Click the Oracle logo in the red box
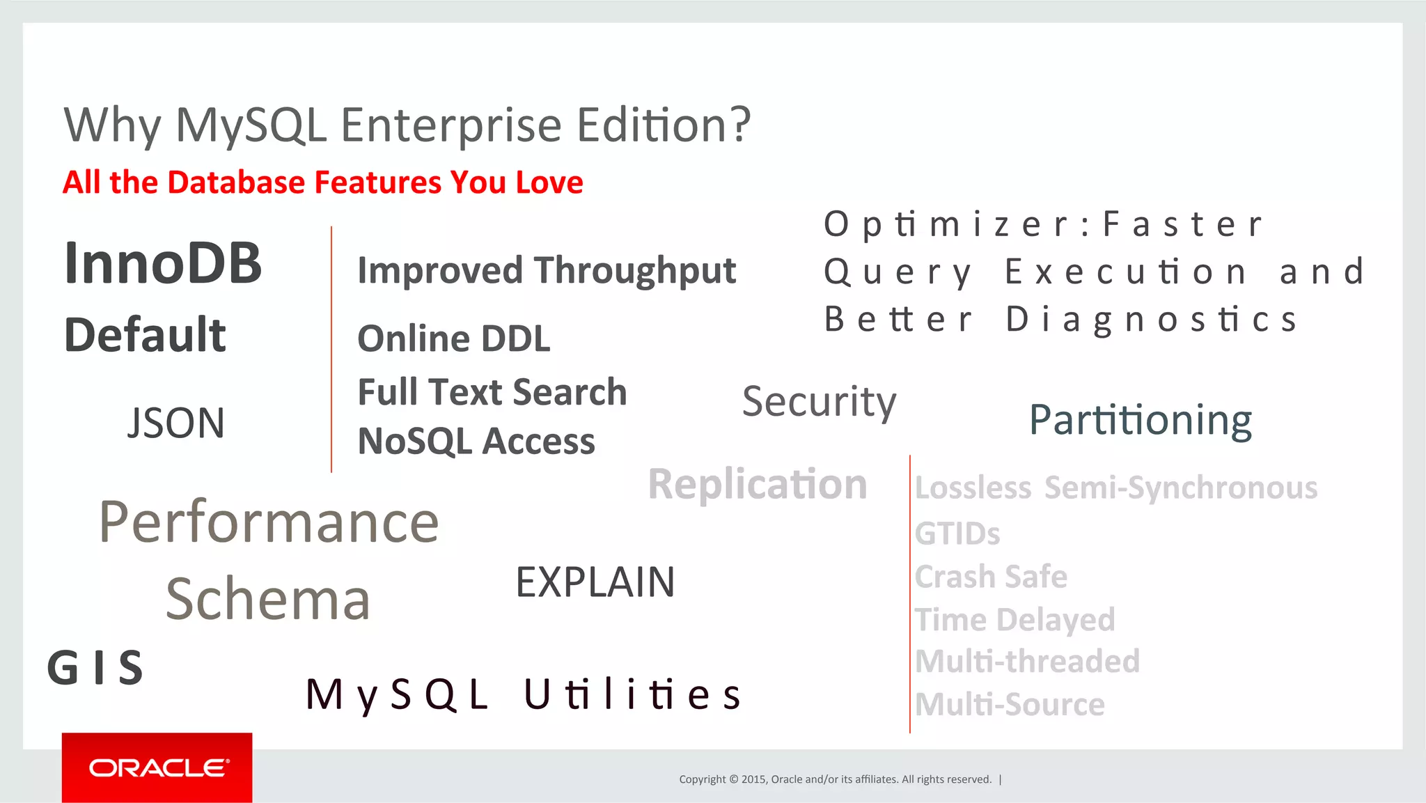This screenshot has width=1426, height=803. point(158,767)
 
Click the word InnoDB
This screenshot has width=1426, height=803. point(163,263)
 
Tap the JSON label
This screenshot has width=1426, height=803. point(175,423)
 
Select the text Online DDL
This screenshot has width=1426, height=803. point(453,338)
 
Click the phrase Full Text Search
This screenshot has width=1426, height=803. point(492,391)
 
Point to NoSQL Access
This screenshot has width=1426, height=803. point(476,441)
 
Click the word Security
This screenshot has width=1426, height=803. point(819,401)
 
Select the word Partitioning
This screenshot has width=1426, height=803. point(1140,420)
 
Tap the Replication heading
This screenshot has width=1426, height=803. point(757,483)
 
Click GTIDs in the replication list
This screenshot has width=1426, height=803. point(957,533)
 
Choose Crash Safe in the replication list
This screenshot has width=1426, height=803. point(990,577)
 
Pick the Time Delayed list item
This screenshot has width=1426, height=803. point(1014,619)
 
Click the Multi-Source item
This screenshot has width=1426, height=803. point(1009,704)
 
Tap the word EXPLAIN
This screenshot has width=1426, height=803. point(595,582)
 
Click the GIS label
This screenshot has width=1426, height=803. point(95,668)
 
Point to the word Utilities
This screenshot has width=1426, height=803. point(632,694)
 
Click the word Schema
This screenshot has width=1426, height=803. point(267,599)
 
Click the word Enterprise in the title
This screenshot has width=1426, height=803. point(450,125)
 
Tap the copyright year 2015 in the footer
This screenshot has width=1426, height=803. point(753,779)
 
